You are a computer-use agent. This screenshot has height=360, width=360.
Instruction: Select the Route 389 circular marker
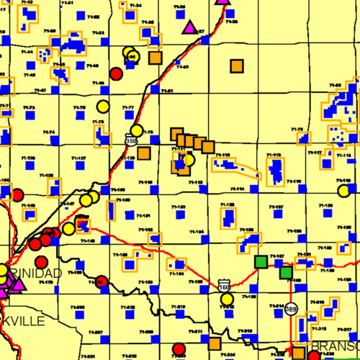290,308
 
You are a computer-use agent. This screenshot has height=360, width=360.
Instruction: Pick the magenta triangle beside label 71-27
189,28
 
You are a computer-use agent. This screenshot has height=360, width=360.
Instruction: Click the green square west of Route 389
261,263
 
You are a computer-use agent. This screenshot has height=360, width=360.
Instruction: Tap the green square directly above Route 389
286,272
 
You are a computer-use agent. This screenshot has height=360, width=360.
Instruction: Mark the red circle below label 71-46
116,73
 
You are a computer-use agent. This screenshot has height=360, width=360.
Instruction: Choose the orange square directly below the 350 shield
144,153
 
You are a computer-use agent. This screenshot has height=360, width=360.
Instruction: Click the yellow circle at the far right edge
343,191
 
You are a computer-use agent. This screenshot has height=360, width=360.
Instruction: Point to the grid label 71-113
222,155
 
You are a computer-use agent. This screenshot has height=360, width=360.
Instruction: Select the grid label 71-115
274,155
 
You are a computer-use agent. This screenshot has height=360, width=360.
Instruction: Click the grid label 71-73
29,108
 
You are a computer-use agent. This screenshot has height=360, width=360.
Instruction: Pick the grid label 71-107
78,158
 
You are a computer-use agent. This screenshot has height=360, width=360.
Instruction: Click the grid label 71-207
96,332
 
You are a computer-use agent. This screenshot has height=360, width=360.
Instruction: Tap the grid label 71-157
276,207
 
